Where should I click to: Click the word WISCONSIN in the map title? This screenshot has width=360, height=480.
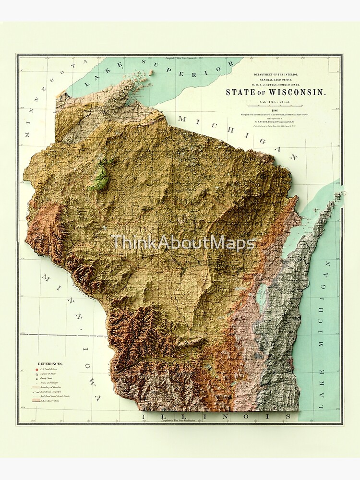[x=300, y=93]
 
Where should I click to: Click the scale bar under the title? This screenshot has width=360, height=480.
[x=276, y=102]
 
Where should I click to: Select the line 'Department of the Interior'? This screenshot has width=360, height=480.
[x=276, y=75]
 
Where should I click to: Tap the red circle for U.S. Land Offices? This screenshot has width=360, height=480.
[x=38, y=371]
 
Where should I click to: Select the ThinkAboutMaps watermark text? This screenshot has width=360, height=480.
[x=183, y=243]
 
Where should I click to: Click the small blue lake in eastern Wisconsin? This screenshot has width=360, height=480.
[x=262, y=297]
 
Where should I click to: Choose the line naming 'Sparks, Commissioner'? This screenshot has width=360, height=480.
[x=276, y=84]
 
